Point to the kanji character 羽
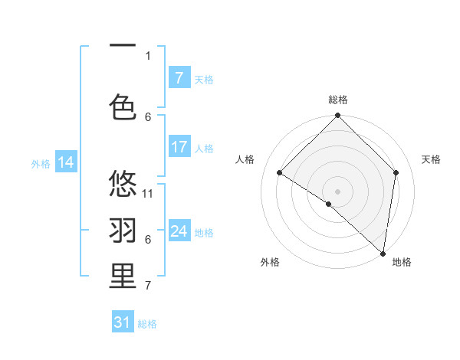(x=123, y=230)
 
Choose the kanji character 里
(x=123, y=277)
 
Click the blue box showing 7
(x=179, y=78)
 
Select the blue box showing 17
(x=179, y=147)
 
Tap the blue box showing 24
(x=179, y=231)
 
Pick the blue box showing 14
(x=65, y=162)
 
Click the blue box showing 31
(x=123, y=322)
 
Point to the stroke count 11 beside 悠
(x=148, y=194)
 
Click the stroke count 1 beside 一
(x=148, y=56)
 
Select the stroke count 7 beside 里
(x=148, y=286)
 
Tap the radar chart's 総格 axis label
(x=337, y=100)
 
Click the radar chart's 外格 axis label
(x=270, y=263)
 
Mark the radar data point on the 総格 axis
(x=337, y=116)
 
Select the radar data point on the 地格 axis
(x=383, y=254)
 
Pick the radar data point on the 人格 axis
(x=280, y=173)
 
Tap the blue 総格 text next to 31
(x=148, y=324)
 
